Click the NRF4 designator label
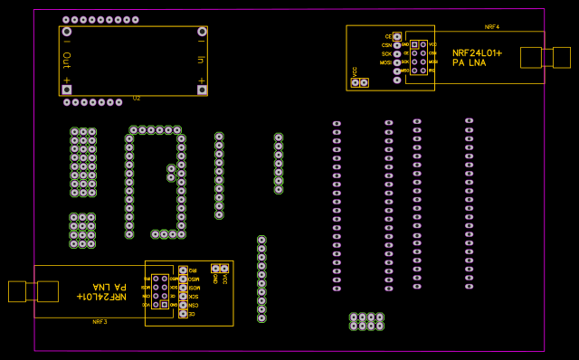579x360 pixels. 492,27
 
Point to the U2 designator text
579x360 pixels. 137,98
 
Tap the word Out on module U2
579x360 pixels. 66,60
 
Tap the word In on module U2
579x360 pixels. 201,60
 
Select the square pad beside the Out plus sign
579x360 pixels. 67,90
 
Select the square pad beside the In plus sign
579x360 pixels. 202,90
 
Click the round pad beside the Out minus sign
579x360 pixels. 67,32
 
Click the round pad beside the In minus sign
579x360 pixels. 202,32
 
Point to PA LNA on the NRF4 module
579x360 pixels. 469,62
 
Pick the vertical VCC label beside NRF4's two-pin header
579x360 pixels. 354,71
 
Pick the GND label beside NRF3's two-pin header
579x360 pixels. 214,279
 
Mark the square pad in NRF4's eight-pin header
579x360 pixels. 414,44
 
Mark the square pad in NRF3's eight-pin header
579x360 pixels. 164,305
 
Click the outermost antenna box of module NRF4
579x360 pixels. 562,57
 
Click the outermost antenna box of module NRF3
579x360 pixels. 17,291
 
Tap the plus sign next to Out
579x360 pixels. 66,80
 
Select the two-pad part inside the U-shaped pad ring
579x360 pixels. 171,173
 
